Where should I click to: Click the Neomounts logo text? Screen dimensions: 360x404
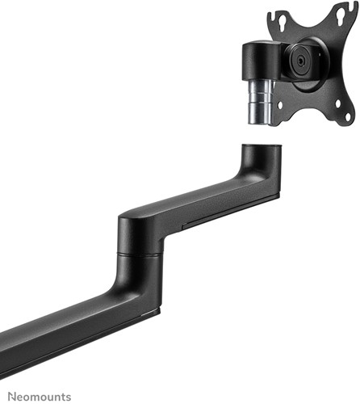[40, 397]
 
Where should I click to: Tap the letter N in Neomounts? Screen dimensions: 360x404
[12, 397]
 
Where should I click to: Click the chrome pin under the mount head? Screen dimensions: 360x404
[260, 102]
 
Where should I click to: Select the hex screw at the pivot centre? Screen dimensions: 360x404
[299, 61]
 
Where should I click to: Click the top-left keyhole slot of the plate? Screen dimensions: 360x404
[282, 20]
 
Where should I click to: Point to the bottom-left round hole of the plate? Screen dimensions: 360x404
[280, 105]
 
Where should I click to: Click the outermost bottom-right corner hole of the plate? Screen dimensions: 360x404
[348, 116]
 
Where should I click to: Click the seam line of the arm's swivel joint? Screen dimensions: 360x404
[140, 253]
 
